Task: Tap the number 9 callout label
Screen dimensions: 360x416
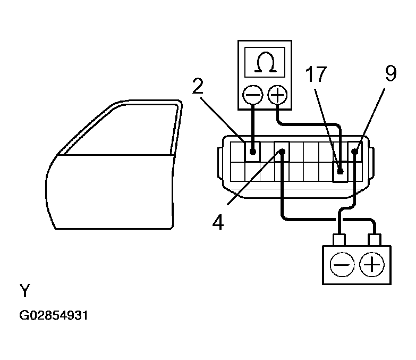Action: [390, 74]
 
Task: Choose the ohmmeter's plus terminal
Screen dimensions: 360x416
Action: [277, 96]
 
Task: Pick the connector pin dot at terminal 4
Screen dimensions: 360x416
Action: [282, 152]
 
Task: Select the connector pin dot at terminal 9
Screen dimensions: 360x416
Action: [355, 152]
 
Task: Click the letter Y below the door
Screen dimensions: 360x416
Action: [25, 291]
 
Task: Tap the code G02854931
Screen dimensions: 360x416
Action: [53, 315]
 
